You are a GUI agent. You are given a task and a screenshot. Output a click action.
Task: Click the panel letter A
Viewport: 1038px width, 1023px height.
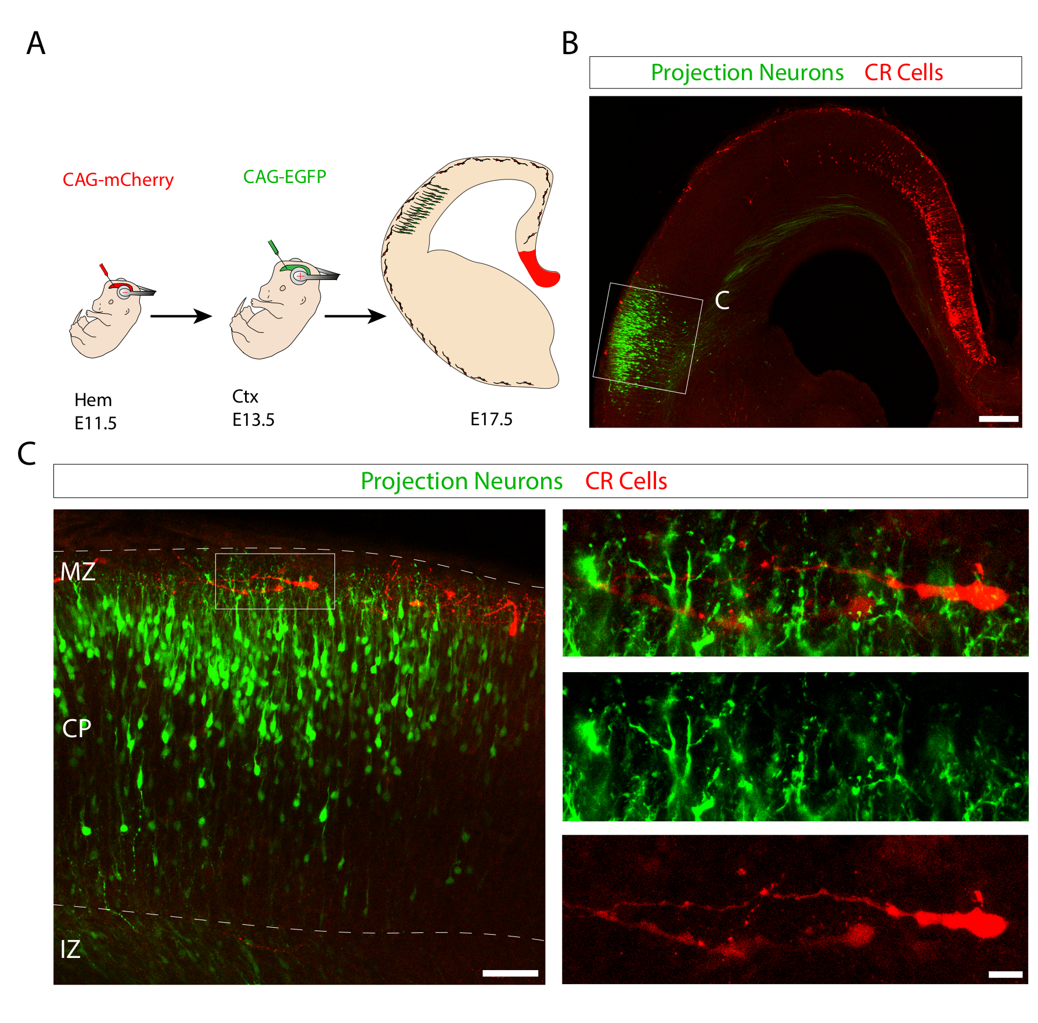[x=36, y=44]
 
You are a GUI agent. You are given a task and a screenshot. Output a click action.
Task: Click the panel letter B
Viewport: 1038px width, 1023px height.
[x=570, y=44]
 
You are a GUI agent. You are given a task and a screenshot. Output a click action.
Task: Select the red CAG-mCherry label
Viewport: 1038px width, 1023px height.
[x=118, y=180]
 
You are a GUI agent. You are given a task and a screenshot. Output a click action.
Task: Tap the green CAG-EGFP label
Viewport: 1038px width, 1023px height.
[x=284, y=177]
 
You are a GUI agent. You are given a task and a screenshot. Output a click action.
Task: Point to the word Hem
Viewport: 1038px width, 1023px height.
[x=93, y=400]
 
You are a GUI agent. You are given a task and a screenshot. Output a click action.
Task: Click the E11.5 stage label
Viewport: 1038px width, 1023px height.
[x=95, y=423]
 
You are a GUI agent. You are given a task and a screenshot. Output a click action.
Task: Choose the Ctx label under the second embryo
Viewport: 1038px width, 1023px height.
[x=245, y=397]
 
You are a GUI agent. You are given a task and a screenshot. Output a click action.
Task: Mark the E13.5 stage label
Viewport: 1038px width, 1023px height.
[x=253, y=420]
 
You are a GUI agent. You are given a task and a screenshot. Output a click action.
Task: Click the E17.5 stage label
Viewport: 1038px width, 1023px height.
[x=491, y=419]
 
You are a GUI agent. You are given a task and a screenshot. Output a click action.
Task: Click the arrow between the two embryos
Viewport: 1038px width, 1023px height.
[x=181, y=316]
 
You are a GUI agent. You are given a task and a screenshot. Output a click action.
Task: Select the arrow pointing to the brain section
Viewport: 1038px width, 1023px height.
[x=355, y=316]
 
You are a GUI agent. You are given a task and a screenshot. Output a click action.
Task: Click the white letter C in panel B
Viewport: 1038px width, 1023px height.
[x=722, y=300]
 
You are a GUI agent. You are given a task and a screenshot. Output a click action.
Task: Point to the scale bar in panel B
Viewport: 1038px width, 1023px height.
[x=999, y=418]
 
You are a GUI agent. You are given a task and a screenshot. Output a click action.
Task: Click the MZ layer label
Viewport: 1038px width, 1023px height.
[x=78, y=572]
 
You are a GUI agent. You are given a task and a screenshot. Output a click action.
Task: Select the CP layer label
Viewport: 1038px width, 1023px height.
[x=77, y=728]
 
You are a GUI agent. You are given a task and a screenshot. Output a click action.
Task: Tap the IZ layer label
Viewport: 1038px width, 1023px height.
[x=70, y=949]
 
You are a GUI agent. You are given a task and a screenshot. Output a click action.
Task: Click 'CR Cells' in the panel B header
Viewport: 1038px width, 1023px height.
[x=903, y=73]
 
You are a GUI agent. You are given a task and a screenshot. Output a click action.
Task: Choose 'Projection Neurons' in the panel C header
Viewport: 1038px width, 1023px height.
[x=462, y=481]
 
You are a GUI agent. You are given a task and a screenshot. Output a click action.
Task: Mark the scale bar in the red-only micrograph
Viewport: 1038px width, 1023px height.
[x=1005, y=974]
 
